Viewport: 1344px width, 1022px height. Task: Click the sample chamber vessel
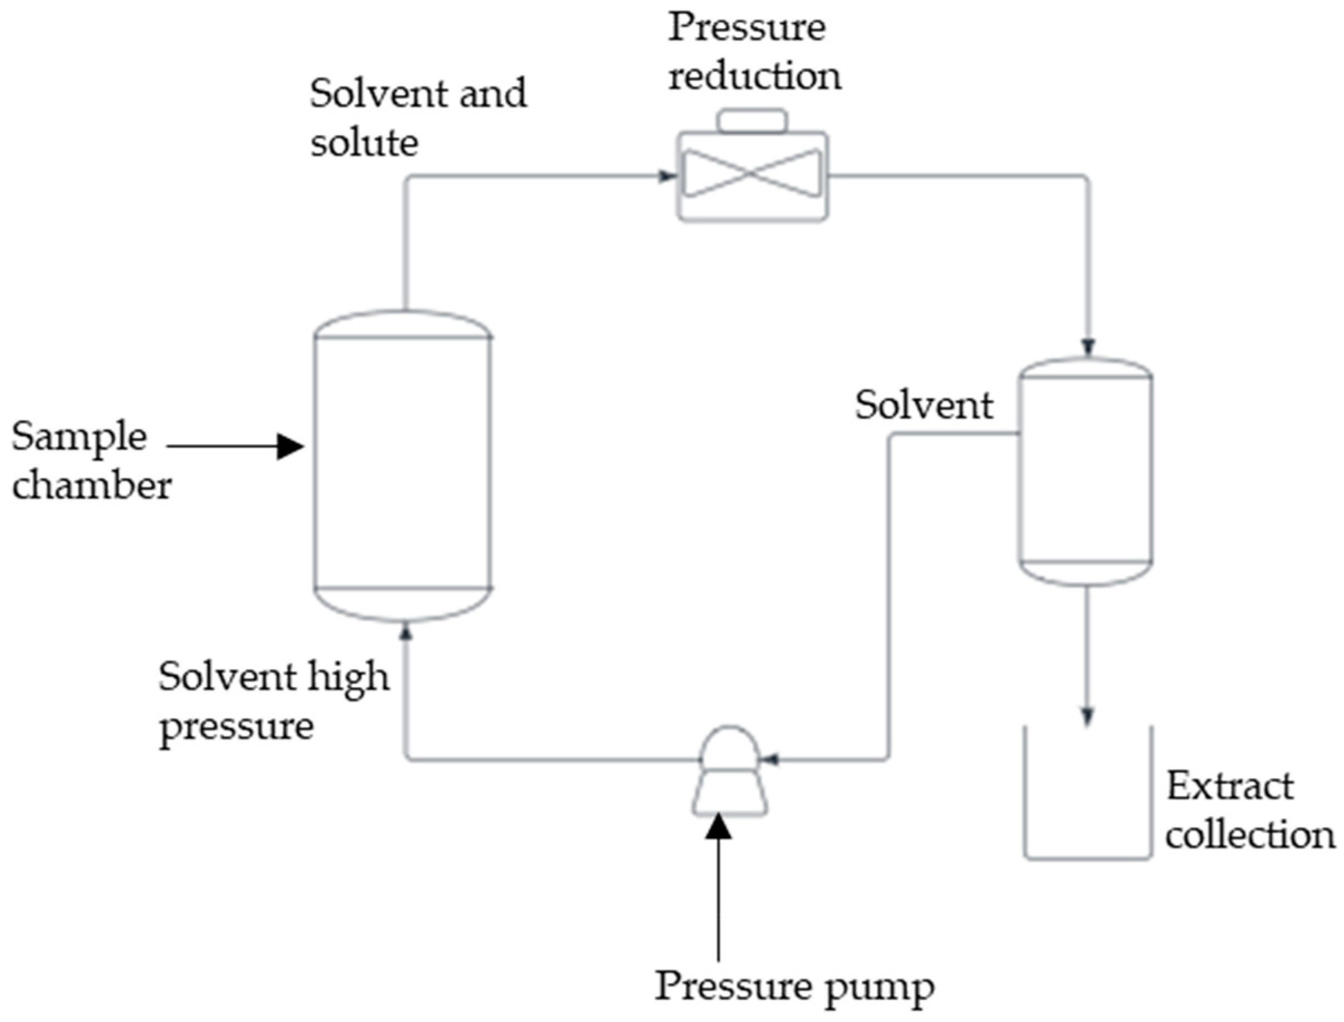(403, 465)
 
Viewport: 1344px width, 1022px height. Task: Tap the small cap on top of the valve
(752, 121)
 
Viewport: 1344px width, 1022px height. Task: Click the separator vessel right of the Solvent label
(1085, 471)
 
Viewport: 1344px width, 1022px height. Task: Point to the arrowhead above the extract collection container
(1088, 716)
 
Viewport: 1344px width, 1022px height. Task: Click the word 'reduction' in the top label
(755, 78)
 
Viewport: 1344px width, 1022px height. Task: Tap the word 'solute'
(364, 143)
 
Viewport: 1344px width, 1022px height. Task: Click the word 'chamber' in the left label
(92, 487)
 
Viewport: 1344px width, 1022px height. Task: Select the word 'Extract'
(1229, 787)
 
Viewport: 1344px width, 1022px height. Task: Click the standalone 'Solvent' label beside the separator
(924, 405)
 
